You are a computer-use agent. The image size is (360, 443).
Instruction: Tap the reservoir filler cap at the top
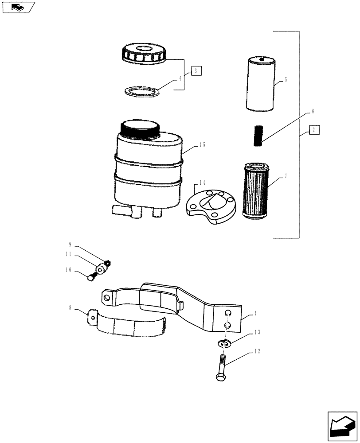tap(143, 53)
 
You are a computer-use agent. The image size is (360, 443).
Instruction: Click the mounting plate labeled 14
tap(211, 206)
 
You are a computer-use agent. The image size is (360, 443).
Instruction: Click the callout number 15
tap(202, 144)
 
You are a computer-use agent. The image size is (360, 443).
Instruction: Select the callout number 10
tap(69, 269)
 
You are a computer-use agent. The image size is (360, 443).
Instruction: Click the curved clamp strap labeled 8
tap(129, 326)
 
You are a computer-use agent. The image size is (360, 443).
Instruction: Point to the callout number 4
tap(180, 78)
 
